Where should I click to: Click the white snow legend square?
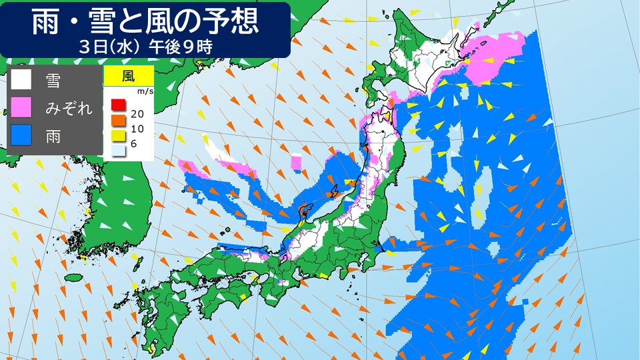coord(21,80)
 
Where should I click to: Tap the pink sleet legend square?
coord(21,108)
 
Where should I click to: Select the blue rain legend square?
coord(21,136)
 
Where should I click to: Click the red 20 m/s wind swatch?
coord(117,105)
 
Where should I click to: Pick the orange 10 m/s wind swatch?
coord(117,119)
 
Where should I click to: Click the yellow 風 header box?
coord(129,75)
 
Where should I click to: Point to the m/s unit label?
coord(144,91)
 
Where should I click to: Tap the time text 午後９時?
coord(181,47)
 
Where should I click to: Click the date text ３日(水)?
coord(107,47)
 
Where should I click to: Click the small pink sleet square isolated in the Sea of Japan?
coord(297,161)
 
